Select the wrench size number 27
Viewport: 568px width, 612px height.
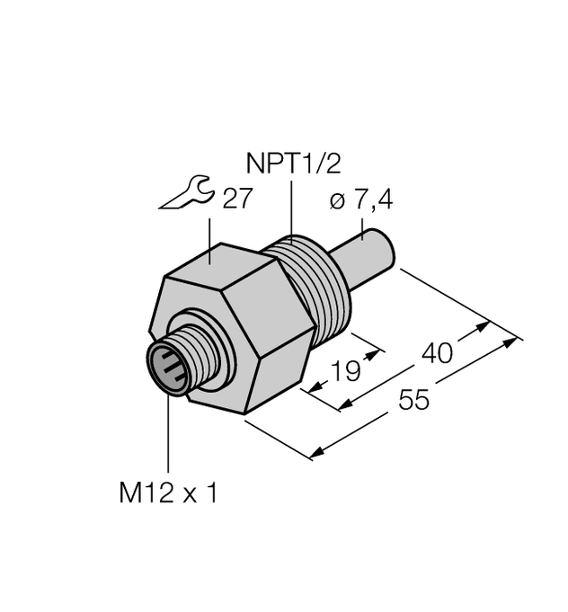coord(237,200)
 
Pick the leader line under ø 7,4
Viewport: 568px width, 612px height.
coord(362,229)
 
